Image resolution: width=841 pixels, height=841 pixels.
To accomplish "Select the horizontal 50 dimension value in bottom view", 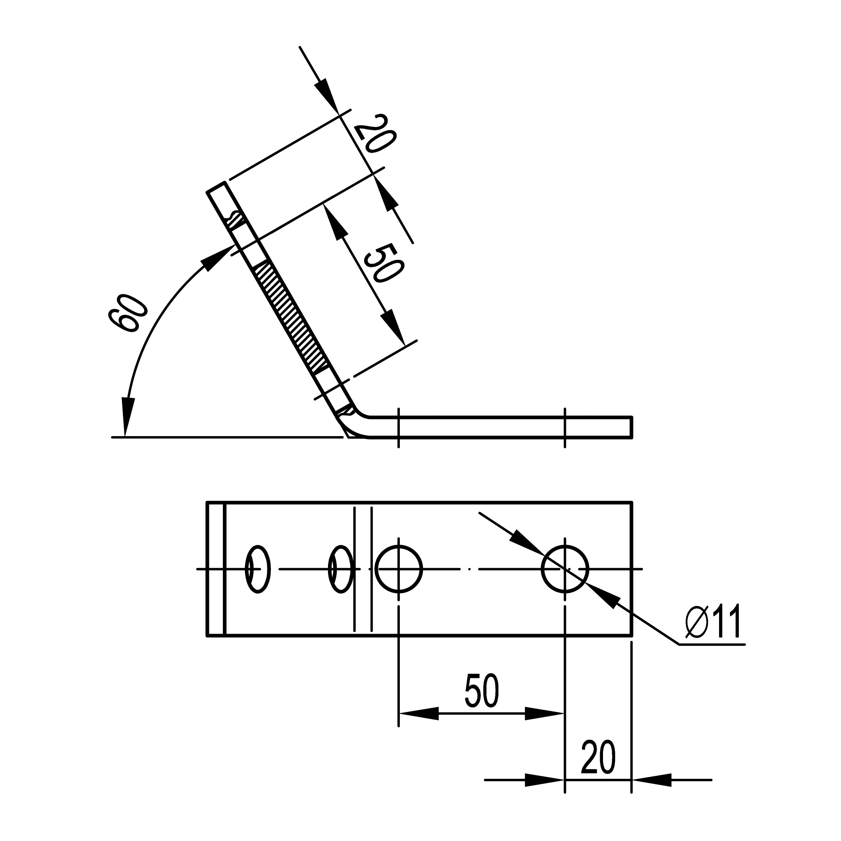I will (481, 691).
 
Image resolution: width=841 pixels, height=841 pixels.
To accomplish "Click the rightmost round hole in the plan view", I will (565, 569).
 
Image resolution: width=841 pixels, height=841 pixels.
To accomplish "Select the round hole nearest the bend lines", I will (398, 569).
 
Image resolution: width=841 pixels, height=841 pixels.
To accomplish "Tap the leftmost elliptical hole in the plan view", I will (258, 569).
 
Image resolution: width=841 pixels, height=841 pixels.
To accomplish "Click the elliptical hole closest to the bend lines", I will (341, 569).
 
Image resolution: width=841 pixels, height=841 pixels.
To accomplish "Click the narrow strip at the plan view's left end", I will (215, 569).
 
